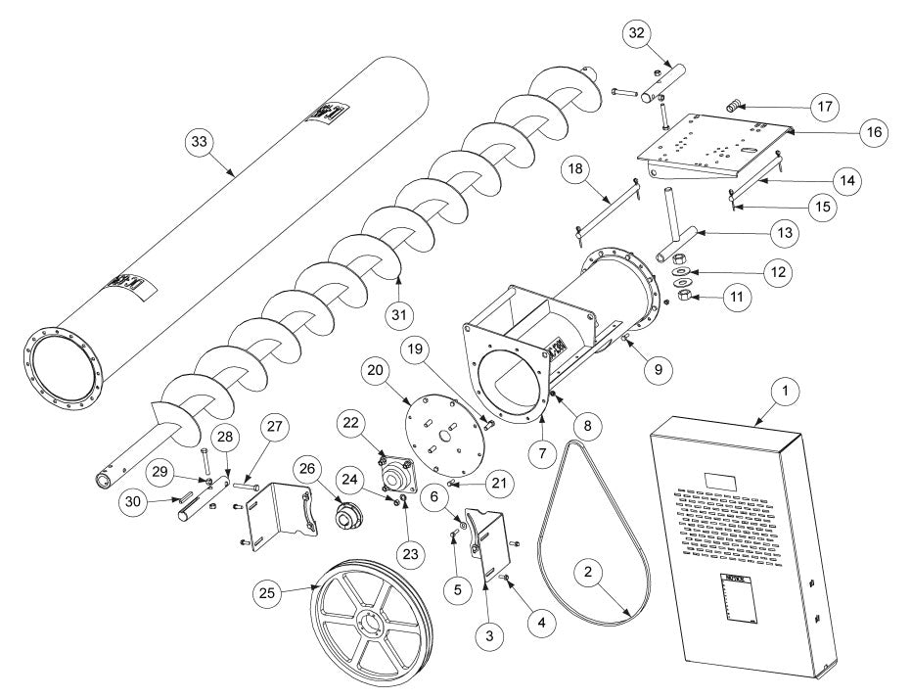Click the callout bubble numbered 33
pyautogui.click(x=199, y=143)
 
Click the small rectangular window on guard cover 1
pyautogui.click(x=721, y=480)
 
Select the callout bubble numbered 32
pyautogui.click(x=637, y=33)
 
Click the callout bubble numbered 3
pyautogui.click(x=491, y=635)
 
